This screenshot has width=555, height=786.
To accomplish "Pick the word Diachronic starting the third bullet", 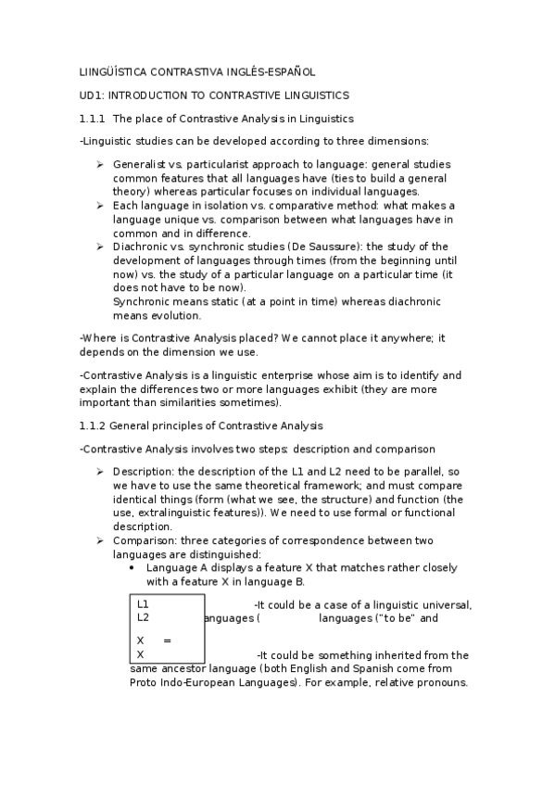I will pos(140,247).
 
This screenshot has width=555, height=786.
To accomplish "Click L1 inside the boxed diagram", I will pos(143,604).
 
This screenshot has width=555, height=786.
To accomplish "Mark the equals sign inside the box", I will pos(167,640).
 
